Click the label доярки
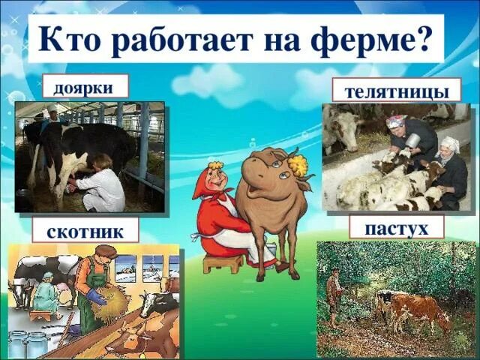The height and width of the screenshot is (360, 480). click(x=84, y=87)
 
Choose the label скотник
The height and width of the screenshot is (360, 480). click(x=85, y=231)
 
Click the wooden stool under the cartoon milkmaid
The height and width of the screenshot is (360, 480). click(x=223, y=262)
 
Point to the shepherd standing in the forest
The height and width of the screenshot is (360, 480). click(x=334, y=297)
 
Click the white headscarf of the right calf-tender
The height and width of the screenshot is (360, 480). click(x=449, y=142)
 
